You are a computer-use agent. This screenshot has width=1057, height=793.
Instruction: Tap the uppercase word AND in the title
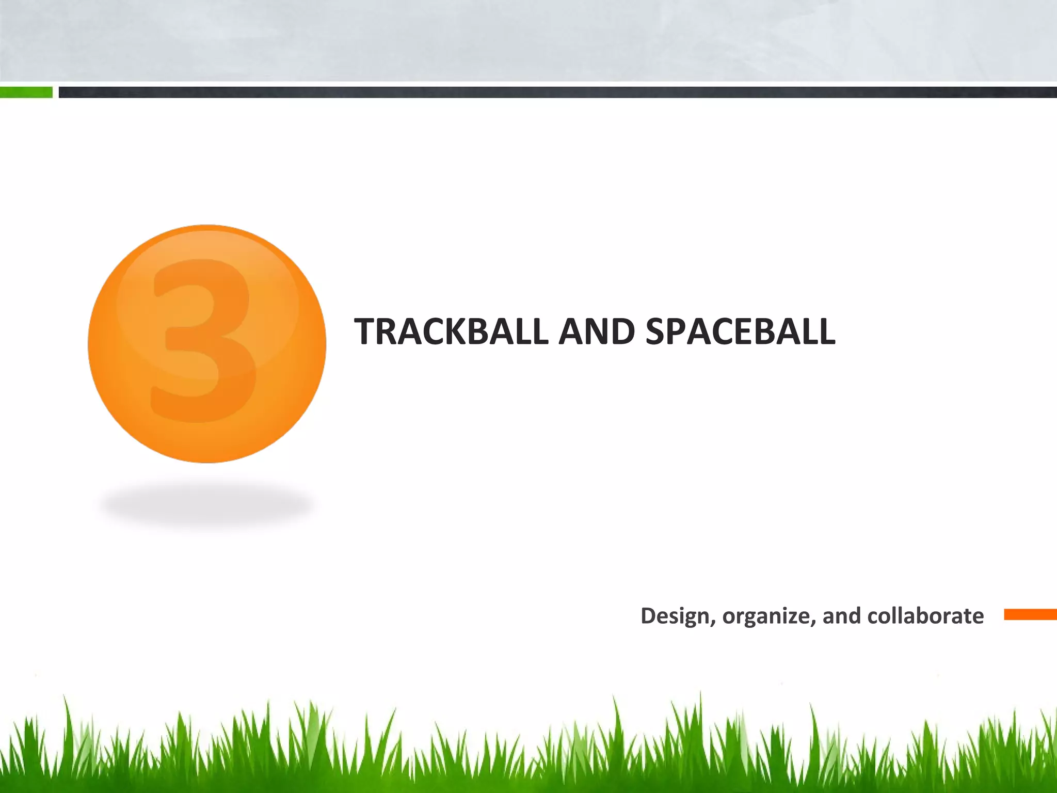[x=597, y=331]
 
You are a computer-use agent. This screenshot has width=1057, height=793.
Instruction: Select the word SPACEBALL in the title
[x=740, y=331]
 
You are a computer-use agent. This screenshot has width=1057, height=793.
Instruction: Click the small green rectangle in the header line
[x=26, y=92]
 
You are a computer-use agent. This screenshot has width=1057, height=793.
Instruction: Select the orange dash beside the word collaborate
[x=1030, y=614]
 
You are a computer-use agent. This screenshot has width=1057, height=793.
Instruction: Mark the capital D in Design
[x=649, y=616]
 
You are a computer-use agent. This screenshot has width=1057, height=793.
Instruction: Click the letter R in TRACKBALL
[x=389, y=331]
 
